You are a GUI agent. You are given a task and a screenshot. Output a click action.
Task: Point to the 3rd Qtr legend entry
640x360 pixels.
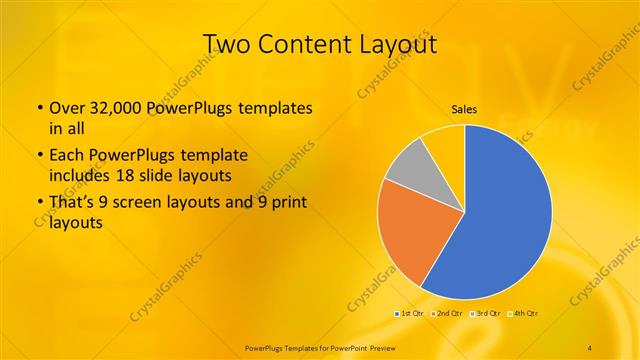(x=487, y=314)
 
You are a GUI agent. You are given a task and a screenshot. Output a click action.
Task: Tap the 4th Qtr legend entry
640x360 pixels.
(x=523, y=314)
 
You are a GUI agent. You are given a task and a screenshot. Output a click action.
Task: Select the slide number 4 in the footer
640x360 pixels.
(x=590, y=347)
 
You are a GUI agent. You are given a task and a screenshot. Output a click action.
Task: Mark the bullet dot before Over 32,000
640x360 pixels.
(x=39, y=108)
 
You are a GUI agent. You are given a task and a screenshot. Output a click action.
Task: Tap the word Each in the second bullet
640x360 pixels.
(x=66, y=155)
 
